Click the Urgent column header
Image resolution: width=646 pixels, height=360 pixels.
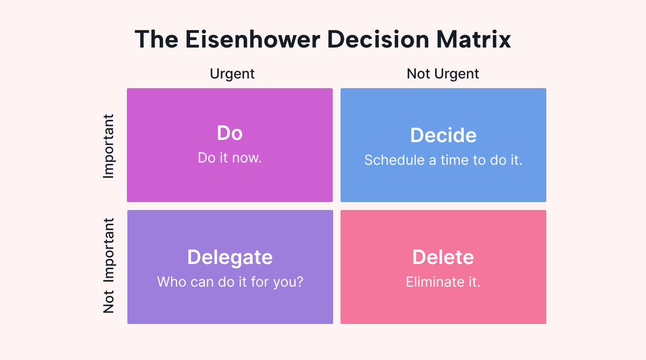coord(232,74)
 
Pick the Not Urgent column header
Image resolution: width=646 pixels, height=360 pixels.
coord(443,74)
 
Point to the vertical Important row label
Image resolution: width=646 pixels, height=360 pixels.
coord(109,146)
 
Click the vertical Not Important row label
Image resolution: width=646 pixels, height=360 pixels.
coord(109,266)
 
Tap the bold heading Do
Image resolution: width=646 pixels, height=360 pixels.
coord(230,133)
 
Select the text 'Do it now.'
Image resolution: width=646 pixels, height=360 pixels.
coord(230,158)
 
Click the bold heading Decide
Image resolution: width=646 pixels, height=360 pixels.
coord(443,135)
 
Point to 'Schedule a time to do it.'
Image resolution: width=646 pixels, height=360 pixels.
coord(443,160)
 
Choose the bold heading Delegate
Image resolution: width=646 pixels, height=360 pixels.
coord(230,258)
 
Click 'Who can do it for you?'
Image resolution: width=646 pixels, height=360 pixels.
coord(230,282)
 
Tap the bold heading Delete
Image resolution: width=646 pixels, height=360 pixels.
coord(443,257)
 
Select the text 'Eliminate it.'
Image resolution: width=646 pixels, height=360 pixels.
coord(443,282)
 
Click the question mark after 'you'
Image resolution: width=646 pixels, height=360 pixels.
coord(299,282)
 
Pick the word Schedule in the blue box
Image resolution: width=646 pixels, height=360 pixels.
coord(395,160)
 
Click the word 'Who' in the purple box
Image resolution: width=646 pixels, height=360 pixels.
coord(171,282)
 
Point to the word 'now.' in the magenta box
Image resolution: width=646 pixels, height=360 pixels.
coord(247,158)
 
